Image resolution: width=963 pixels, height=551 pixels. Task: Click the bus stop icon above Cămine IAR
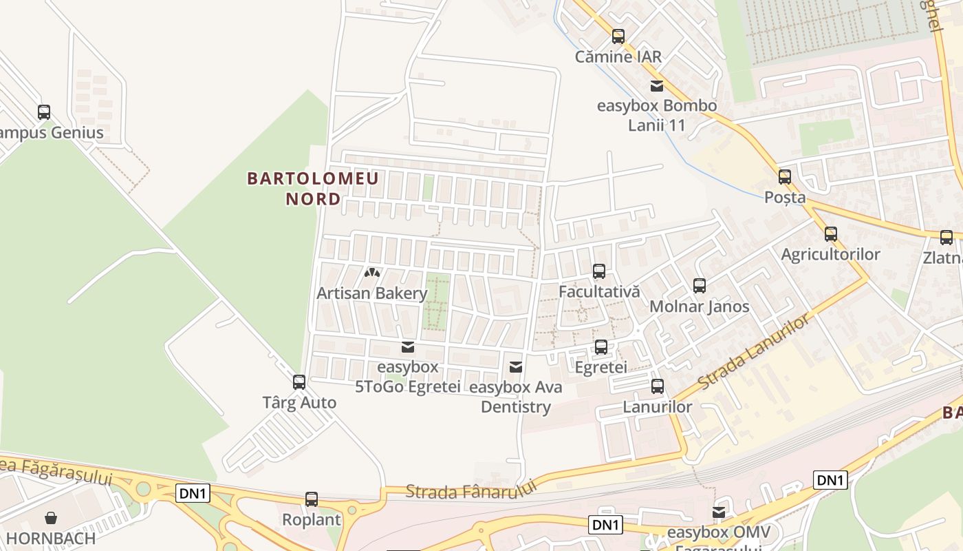(x=618, y=37)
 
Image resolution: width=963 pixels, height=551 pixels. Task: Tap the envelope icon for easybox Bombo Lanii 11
(x=657, y=86)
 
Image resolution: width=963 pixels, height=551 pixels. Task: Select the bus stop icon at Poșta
(x=785, y=177)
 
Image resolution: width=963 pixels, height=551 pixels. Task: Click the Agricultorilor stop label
(x=830, y=254)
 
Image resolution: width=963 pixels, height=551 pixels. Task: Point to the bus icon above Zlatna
(x=946, y=238)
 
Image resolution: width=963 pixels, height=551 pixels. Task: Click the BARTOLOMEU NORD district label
(x=313, y=189)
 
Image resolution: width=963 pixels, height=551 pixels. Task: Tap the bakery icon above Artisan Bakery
(x=372, y=273)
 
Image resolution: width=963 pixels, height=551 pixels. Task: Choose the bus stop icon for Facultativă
(x=599, y=271)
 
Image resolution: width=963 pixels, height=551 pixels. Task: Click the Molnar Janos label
(x=699, y=306)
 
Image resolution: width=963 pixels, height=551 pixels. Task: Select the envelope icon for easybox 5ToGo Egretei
(x=408, y=347)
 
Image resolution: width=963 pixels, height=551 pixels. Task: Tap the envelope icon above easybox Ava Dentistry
(x=516, y=367)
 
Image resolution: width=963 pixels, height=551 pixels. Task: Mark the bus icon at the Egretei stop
(x=600, y=347)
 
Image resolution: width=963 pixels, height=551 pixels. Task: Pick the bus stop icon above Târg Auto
(x=299, y=382)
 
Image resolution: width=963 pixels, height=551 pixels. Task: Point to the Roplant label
(x=312, y=519)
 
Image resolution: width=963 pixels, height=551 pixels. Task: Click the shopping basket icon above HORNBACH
(x=51, y=518)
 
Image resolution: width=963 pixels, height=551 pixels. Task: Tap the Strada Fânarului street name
(x=470, y=490)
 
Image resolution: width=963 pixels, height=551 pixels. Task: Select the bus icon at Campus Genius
(x=44, y=112)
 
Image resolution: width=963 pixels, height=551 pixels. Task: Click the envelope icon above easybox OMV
(x=719, y=512)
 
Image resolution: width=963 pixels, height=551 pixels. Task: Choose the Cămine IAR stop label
(x=618, y=56)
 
